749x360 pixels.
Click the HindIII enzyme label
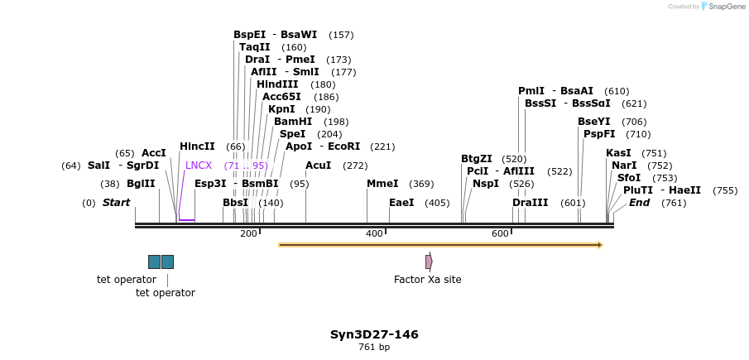pos(277,84)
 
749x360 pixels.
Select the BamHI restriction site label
pos(293,122)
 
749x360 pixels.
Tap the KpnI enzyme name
pos(281,109)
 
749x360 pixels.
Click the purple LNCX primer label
pos(199,166)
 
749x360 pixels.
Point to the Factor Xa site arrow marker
pos(429,262)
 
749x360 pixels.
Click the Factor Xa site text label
pos(427,280)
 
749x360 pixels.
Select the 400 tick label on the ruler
pos(374,234)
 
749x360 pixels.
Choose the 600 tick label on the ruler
pos(500,234)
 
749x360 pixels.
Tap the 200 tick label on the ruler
pos(248,234)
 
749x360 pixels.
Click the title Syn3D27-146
pos(374,334)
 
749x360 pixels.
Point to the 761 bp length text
pos(374,348)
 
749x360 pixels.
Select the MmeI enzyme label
pos(382,184)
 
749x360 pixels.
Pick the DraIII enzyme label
pos(530,203)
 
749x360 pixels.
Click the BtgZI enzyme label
pos(477,159)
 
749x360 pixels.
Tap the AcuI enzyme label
pos(318,166)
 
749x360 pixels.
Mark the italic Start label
pos(116,203)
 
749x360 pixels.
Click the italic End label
pos(639,203)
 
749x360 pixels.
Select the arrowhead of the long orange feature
pos(599,245)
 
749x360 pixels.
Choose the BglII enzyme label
pos(141,184)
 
